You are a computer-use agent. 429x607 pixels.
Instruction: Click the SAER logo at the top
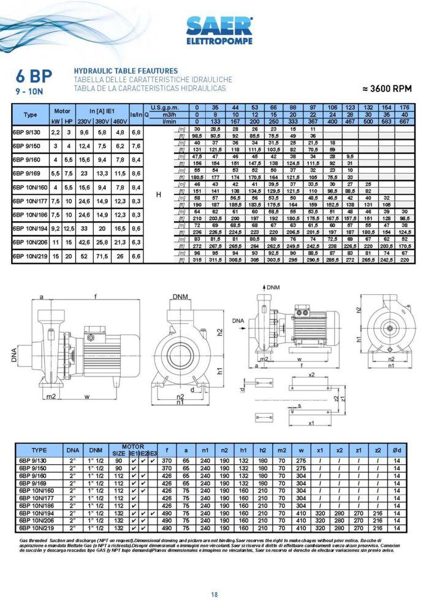[x=218, y=28]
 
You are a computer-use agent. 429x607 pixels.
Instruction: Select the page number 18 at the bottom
[x=214, y=594]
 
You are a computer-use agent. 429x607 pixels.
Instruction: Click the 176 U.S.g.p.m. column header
[x=404, y=107]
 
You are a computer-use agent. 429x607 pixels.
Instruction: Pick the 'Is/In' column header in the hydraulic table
[x=136, y=114]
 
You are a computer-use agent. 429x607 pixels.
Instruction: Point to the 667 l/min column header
[x=404, y=121]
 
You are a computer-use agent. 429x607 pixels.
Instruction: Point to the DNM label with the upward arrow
[x=273, y=287]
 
